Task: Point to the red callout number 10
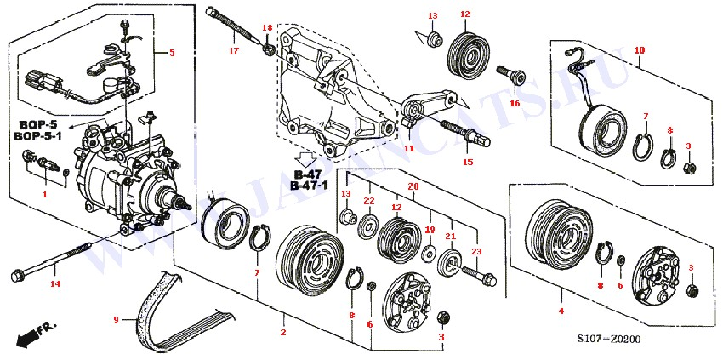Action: [640, 50]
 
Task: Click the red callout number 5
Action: [172, 53]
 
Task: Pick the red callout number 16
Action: [514, 103]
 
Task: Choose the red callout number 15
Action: [467, 162]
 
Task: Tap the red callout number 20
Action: [413, 186]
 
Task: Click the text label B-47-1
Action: [309, 185]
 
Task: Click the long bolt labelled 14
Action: [51, 261]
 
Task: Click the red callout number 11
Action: [409, 148]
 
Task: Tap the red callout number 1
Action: [45, 193]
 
